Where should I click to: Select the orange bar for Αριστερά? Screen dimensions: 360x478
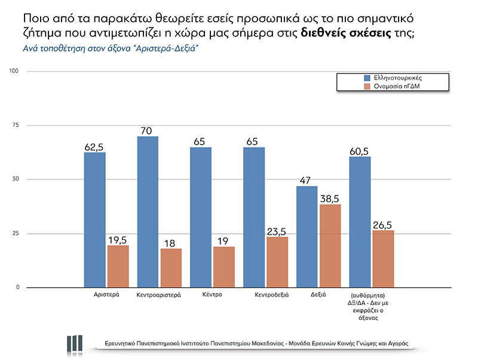(x=118, y=266)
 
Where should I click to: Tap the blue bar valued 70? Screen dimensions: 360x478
(x=148, y=212)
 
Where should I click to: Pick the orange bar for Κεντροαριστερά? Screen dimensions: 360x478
(x=171, y=268)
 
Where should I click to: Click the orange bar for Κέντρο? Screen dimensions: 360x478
(x=224, y=267)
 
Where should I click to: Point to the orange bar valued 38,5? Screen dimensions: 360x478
(x=330, y=246)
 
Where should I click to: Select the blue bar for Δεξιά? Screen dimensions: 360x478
(x=307, y=236)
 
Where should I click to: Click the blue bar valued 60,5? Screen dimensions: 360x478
(x=360, y=222)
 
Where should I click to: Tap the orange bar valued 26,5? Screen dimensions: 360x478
(x=383, y=258)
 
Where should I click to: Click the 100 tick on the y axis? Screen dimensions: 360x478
(x=15, y=72)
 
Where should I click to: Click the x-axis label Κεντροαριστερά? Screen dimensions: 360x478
(x=159, y=295)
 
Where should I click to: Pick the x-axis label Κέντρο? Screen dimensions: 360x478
(x=212, y=295)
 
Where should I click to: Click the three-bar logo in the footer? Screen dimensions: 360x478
(x=75, y=343)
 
